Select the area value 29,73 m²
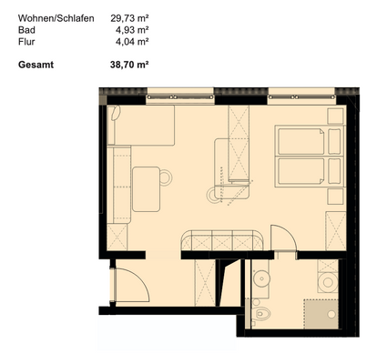pos(129,17)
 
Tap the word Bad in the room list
pos(26,29)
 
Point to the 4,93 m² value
pos(132,29)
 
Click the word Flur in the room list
pos(26,41)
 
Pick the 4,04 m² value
pos(132,41)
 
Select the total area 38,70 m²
pos(129,65)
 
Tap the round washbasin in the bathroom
pos(263,279)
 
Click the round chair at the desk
pos(166,177)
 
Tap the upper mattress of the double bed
pos(301,141)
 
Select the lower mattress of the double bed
pos(301,171)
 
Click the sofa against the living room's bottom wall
pos(222,240)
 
